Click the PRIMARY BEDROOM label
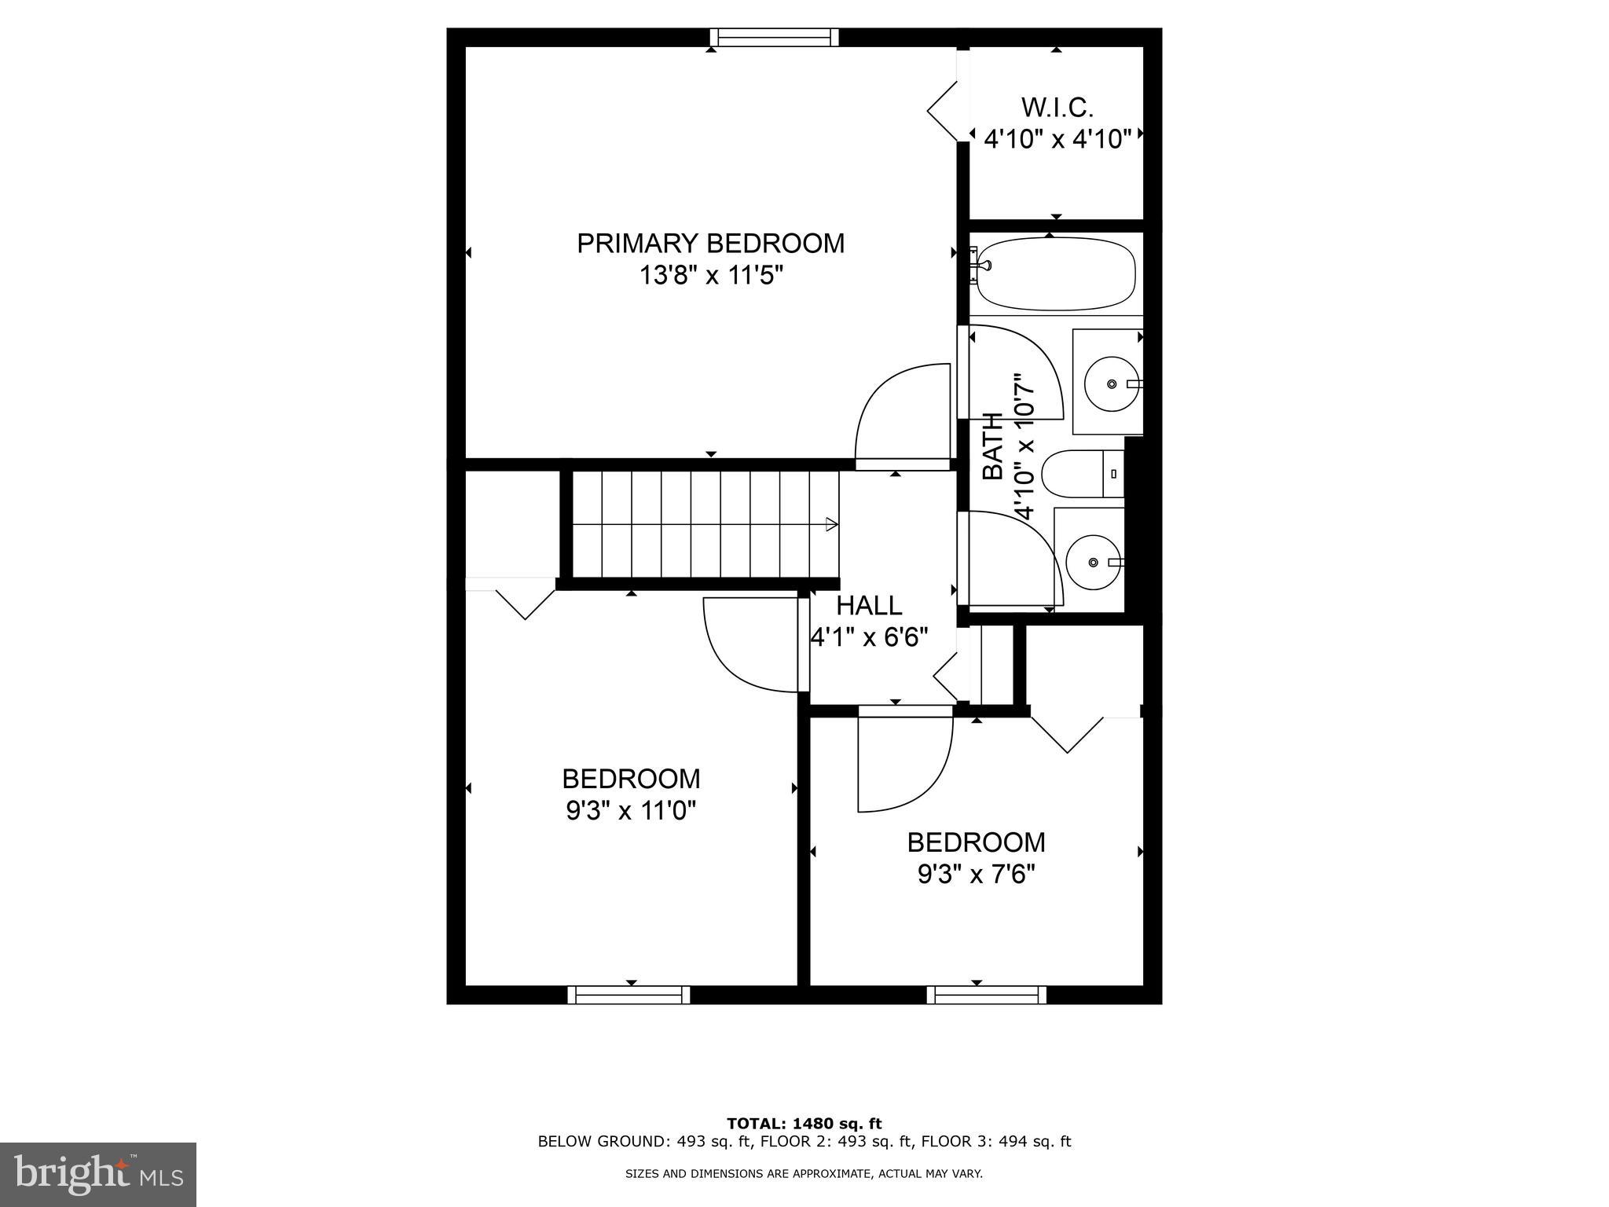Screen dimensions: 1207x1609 point(710,244)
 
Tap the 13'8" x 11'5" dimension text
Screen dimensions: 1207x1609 point(710,277)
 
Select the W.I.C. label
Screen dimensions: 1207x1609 point(1057,108)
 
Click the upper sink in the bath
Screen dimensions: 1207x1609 point(1110,383)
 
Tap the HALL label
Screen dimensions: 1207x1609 point(869,606)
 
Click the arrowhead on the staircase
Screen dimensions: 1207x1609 point(830,524)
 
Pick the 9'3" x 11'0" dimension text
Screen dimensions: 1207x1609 point(631,810)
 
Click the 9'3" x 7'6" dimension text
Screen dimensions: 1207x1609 point(976,875)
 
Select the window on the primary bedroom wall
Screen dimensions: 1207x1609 point(774,37)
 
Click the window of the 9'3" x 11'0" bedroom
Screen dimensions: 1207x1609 point(629,995)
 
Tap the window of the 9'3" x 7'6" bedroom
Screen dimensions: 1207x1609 point(986,995)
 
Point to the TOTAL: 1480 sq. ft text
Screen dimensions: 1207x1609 point(804,1124)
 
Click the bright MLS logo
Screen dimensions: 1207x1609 point(98,1174)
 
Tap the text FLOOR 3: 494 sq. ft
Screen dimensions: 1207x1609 point(995,1142)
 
